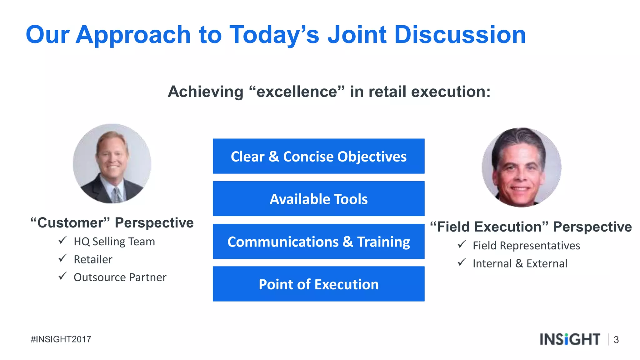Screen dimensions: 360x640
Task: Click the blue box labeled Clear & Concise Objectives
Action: [x=318, y=156]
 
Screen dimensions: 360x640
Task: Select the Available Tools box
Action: [x=318, y=199]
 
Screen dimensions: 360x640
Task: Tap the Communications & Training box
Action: [x=318, y=242]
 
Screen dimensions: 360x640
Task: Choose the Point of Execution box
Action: [x=318, y=284]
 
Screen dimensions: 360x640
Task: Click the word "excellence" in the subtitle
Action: [x=297, y=92]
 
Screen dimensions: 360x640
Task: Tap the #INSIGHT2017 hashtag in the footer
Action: [x=61, y=339]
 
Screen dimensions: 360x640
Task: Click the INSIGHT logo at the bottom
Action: [x=570, y=339]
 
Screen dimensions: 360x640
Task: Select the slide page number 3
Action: [x=616, y=340]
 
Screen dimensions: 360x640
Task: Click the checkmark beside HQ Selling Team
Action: [x=62, y=240]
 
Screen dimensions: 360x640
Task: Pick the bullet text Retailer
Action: [x=93, y=259]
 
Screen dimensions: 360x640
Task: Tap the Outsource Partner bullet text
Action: [x=120, y=277]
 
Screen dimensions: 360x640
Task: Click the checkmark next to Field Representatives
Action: [x=462, y=244]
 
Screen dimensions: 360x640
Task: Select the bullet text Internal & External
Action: [x=520, y=263]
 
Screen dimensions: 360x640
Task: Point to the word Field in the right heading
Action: [x=454, y=227]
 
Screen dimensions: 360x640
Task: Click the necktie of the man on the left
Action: [x=117, y=195]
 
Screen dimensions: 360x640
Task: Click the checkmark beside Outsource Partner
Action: [x=62, y=276]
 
